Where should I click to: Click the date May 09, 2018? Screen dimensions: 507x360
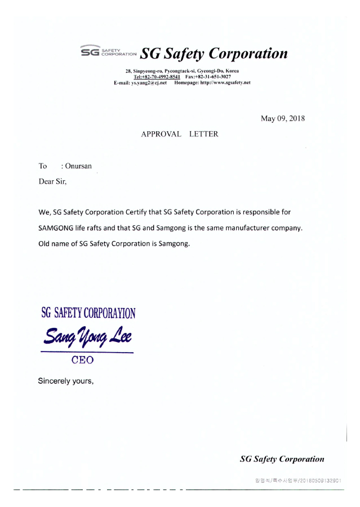(x=282, y=118)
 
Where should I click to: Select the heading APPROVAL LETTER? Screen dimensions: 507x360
(x=179, y=134)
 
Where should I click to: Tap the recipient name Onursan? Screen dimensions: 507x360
(x=78, y=166)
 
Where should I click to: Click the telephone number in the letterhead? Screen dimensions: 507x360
(x=157, y=77)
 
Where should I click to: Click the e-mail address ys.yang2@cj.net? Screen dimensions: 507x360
(x=149, y=83)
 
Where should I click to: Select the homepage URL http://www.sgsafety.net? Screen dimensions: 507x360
(x=225, y=83)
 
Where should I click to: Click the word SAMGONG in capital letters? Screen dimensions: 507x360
(x=56, y=228)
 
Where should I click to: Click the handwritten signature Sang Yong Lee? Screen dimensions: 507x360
(x=87, y=336)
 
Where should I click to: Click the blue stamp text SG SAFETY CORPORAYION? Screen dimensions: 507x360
(x=88, y=313)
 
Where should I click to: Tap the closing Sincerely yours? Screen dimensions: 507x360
(x=65, y=381)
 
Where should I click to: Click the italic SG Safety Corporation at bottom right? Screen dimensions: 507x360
(x=282, y=459)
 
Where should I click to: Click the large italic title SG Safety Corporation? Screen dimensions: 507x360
(x=214, y=54)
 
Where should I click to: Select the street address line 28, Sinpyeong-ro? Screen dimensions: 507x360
(x=182, y=71)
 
